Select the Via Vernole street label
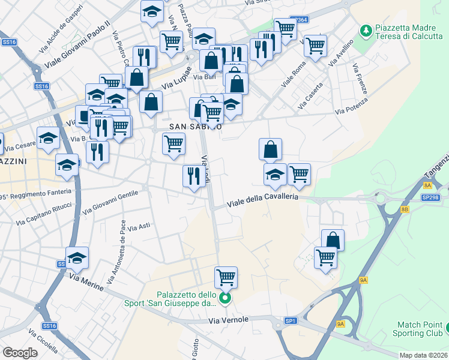coord(229,320)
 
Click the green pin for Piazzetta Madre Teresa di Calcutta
coord(364,29)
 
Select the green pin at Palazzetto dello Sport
coord(225,298)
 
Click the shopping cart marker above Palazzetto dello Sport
coord(226,278)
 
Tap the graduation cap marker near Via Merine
coord(77,258)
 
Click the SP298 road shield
coord(430,197)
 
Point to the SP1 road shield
coord(291,321)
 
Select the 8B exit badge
coord(405,209)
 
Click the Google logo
coord(20,353)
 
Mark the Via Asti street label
coord(141,226)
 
